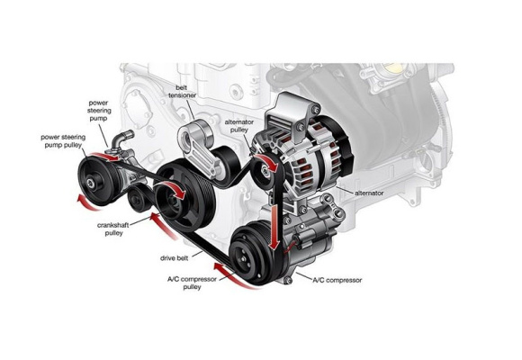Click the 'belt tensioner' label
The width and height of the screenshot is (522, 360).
click(x=182, y=91)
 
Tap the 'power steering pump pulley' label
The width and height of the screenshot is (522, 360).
click(x=63, y=141)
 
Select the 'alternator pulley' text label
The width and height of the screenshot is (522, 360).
click(x=239, y=126)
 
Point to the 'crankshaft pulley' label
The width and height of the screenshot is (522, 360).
click(x=113, y=229)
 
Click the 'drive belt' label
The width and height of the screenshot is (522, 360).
click(x=174, y=258)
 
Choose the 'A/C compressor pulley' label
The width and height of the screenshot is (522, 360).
click(x=192, y=283)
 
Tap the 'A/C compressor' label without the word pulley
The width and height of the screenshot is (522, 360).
click(x=337, y=280)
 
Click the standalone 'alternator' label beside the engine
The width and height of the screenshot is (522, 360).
click(x=369, y=193)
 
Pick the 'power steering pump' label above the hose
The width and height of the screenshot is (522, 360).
click(x=98, y=111)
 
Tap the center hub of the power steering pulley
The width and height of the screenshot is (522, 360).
click(x=91, y=183)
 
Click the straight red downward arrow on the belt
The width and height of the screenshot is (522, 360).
click(x=274, y=227)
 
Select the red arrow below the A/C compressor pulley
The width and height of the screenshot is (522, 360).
click(x=233, y=275)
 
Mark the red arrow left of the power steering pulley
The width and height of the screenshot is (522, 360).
click(x=85, y=203)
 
